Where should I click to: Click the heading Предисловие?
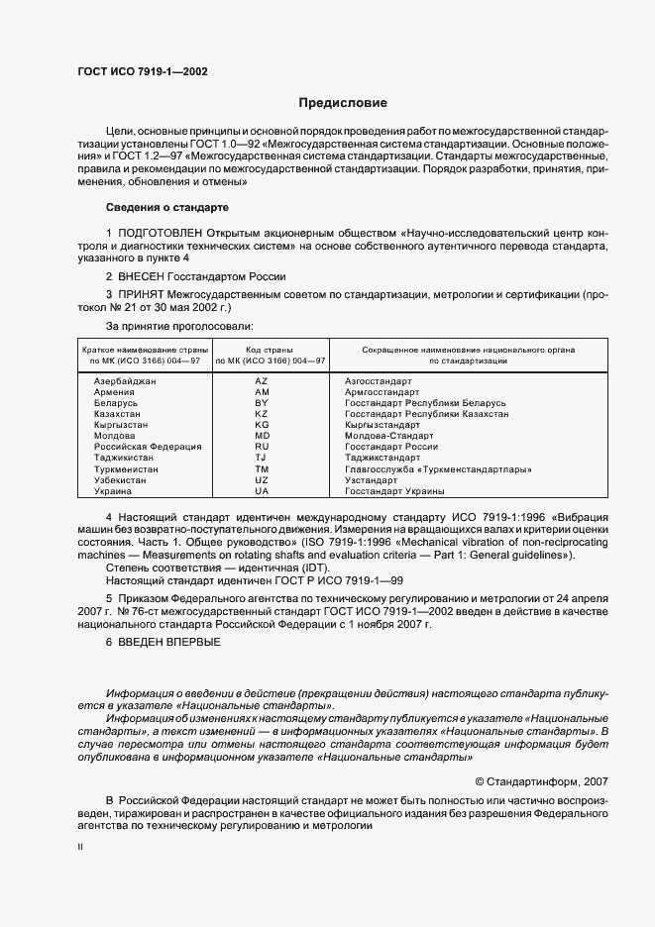pyautogui.click(x=343, y=103)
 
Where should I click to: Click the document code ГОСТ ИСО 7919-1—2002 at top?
pyautogui.click(x=142, y=72)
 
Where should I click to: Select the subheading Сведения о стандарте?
pyautogui.click(x=167, y=208)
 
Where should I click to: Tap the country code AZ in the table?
pyautogui.click(x=262, y=381)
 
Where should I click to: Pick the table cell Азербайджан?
pyautogui.click(x=125, y=381)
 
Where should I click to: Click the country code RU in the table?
pyautogui.click(x=262, y=447)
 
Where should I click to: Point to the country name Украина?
pyautogui.click(x=111, y=490)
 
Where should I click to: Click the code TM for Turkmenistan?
pyautogui.click(x=262, y=468)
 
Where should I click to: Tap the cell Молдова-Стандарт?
pyautogui.click(x=388, y=436)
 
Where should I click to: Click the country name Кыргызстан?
pyautogui.click(x=120, y=425)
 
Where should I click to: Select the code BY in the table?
pyautogui.click(x=262, y=403)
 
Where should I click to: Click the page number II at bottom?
pyautogui.click(x=80, y=849)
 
